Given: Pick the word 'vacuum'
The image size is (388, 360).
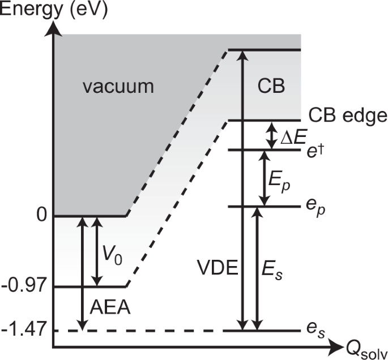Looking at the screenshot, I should pos(117,87).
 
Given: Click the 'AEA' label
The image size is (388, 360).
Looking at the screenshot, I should pos(110,308).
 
